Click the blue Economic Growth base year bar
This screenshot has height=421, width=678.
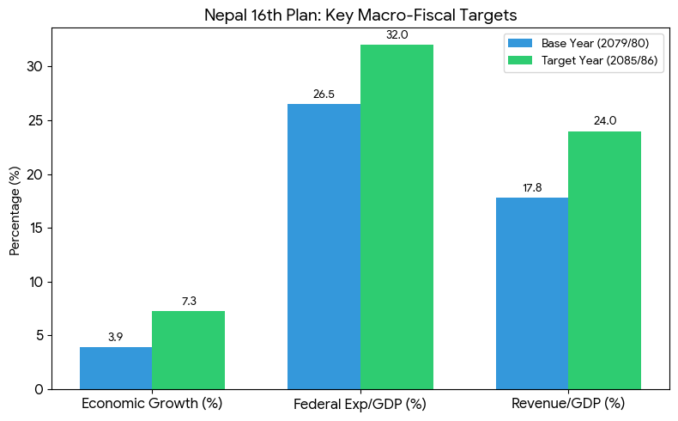point(116,368)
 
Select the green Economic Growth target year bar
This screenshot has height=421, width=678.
point(188,350)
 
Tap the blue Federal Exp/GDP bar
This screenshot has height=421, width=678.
point(324,247)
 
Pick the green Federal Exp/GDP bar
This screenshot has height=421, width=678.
point(397,217)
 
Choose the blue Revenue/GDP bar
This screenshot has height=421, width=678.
point(532,293)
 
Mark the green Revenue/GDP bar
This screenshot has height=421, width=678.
point(604,259)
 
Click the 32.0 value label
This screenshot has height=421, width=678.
point(397,35)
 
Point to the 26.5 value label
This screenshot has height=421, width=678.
point(324,95)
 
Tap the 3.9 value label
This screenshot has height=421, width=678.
point(116,338)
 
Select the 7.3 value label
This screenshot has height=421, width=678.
point(189,302)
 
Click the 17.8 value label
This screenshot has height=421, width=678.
point(532,188)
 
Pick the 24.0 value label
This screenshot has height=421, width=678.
point(604,121)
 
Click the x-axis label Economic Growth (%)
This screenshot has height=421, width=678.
point(152,403)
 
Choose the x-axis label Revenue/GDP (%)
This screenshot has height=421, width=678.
point(568,403)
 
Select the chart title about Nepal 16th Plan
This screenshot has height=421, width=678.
point(360,15)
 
